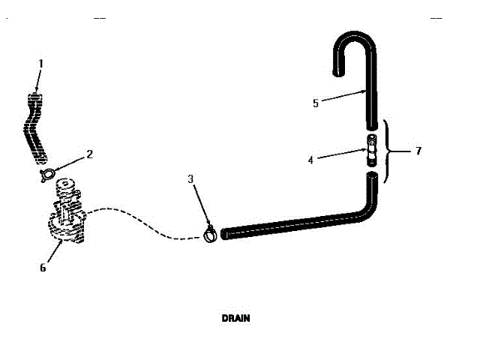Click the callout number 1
click(40, 64)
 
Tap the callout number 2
click(89, 154)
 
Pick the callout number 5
click(316, 103)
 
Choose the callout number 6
click(43, 267)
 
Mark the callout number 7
click(418, 151)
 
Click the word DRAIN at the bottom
click(235, 318)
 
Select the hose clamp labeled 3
click(210, 235)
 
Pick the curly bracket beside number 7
click(388, 151)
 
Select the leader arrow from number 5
click(345, 96)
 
